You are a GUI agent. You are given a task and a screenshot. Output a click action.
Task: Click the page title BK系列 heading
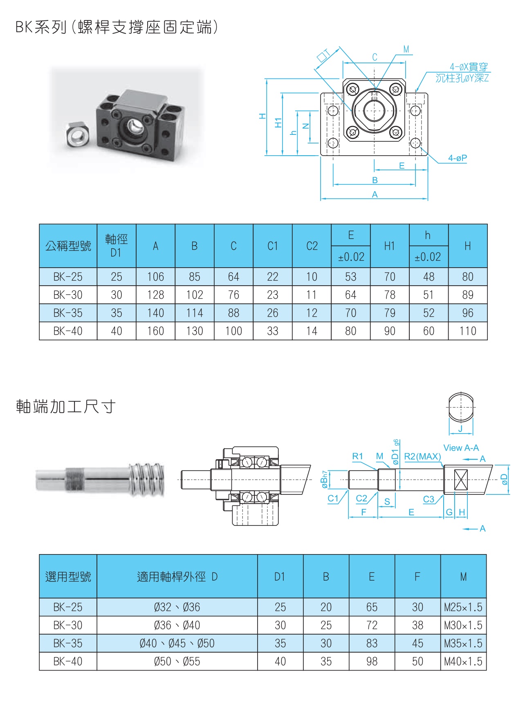(x=117, y=27)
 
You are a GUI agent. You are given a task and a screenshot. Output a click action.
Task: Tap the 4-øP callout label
(x=457, y=158)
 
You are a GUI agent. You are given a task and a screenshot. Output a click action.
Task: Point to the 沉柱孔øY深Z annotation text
(x=462, y=78)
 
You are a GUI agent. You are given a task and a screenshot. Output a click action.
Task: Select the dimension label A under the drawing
(x=375, y=195)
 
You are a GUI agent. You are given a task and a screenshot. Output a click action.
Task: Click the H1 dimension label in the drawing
(x=278, y=123)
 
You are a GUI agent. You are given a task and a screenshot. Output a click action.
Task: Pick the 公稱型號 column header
(x=68, y=246)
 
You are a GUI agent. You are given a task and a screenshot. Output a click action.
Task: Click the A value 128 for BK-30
(x=155, y=295)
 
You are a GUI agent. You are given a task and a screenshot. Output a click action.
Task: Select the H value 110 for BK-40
(x=467, y=331)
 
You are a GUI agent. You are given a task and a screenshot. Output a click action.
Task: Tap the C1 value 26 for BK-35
(x=272, y=313)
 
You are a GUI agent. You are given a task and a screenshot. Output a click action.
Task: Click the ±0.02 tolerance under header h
(x=428, y=257)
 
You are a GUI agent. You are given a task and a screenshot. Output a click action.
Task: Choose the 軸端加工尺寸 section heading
(x=66, y=407)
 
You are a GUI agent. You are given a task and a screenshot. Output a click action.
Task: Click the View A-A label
(x=461, y=448)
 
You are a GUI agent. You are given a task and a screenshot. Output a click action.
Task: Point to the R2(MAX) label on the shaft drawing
(x=422, y=456)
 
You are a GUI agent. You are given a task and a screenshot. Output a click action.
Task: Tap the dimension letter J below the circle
(x=460, y=429)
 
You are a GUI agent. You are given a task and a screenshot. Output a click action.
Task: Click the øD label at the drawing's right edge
(x=505, y=479)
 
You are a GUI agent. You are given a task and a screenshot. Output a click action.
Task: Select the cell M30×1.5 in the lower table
(x=463, y=625)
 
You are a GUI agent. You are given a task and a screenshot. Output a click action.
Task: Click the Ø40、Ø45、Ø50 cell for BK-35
(x=177, y=644)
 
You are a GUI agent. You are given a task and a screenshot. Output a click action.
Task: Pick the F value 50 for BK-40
(x=417, y=662)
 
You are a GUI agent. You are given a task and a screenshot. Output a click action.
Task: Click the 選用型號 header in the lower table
(x=68, y=577)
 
